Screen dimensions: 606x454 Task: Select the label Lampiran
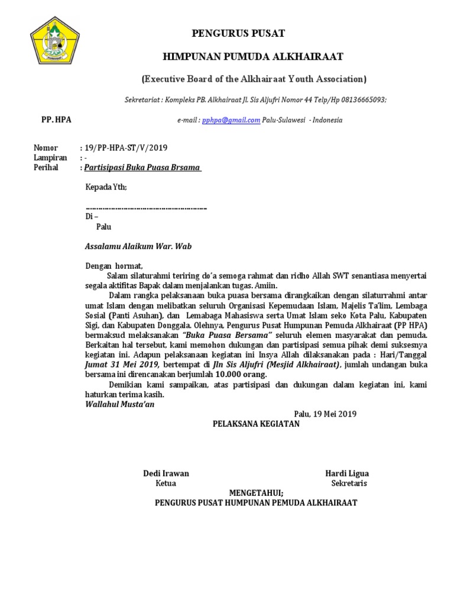47,157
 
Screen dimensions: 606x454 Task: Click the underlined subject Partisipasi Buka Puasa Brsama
142,167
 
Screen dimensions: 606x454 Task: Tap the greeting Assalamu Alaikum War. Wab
139,246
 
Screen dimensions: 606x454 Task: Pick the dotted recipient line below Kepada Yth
146,208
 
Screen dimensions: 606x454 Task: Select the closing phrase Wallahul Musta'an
116,404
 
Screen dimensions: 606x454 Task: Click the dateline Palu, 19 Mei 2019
325,414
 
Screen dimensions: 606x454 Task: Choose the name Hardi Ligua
347,473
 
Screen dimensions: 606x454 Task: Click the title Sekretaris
349,483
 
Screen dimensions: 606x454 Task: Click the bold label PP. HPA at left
56,120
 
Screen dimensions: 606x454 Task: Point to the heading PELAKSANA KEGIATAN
256,424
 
